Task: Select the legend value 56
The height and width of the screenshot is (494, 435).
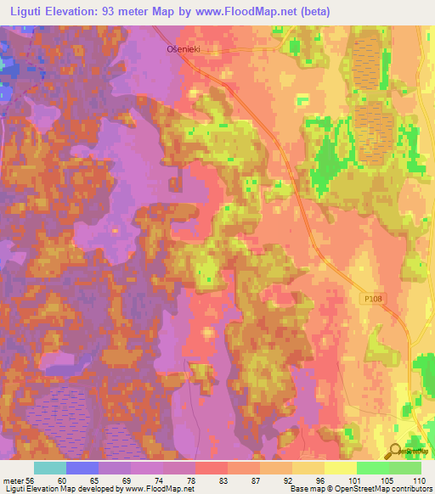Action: point(31,480)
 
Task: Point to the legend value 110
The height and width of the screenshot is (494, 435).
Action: point(420,480)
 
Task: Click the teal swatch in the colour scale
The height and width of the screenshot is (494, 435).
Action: point(50,468)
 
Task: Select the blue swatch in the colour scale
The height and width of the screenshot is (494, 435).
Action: point(82,468)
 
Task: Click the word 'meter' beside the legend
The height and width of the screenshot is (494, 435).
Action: point(12,480)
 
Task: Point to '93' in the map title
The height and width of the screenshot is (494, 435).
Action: point(119,11)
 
